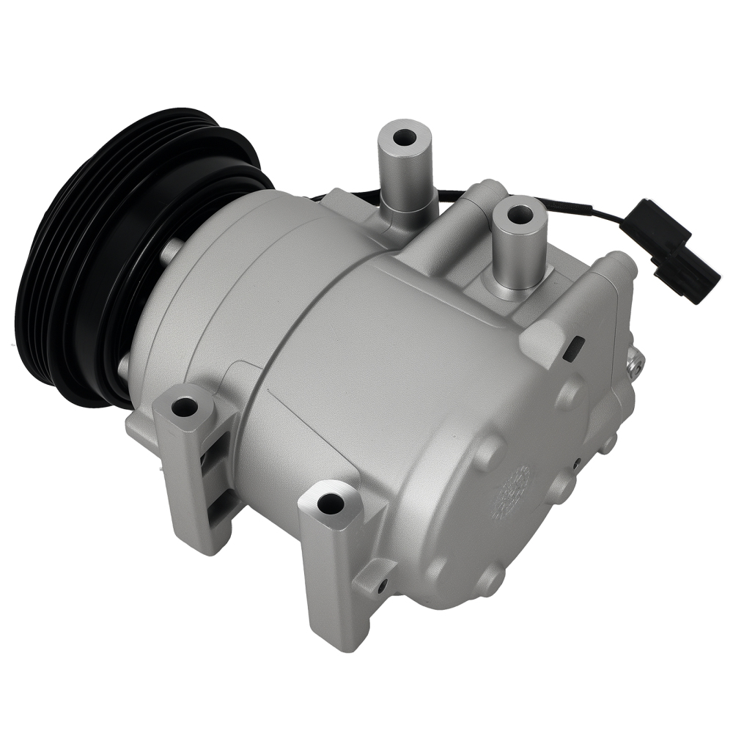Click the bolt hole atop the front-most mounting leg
[331, 503]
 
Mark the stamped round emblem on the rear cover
[517, 493]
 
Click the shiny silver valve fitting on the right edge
[635, 361]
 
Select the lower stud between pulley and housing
[125, 364]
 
